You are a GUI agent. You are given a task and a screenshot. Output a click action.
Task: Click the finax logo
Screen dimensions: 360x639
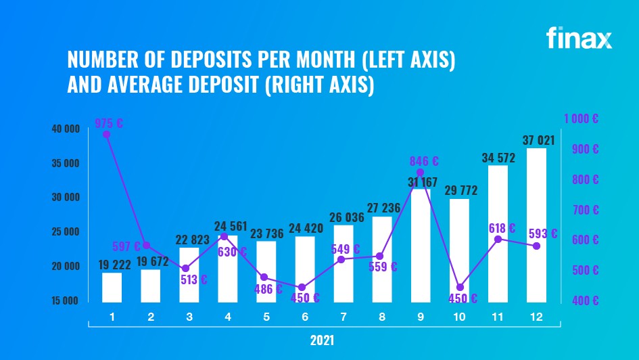(x=579, y=37)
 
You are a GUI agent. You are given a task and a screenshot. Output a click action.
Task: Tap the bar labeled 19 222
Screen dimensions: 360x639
(x=112, y=287)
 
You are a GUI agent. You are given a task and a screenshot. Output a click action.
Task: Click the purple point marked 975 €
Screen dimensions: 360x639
(x=106, y=135)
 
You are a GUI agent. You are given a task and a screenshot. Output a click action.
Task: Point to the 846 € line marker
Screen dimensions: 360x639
(x=421, y=173)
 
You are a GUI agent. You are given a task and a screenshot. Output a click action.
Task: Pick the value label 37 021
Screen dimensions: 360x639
(x=538, y=141)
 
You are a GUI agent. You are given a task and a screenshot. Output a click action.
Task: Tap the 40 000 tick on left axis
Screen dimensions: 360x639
(x=66, y=129)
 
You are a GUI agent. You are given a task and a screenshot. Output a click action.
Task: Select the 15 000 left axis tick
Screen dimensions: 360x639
(x=66, y=300)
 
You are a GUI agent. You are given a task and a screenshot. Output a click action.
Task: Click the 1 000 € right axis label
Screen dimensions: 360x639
(x=581, y=118)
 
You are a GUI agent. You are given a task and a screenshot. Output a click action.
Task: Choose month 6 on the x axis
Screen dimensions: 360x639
(x=305, y=316)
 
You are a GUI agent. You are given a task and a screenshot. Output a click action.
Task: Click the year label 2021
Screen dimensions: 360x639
(x=323, y=340)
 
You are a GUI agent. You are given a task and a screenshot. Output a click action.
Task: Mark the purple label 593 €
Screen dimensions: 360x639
(x=543, y=234)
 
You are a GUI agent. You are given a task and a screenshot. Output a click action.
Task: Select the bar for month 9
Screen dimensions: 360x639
(x=421, y=245)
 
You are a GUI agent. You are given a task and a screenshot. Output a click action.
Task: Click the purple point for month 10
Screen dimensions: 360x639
(x=460, y=288)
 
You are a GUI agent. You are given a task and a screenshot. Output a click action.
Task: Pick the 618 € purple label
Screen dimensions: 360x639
(x=502, y=229)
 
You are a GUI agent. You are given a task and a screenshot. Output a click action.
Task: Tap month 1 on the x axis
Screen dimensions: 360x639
(x=112, y=316)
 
